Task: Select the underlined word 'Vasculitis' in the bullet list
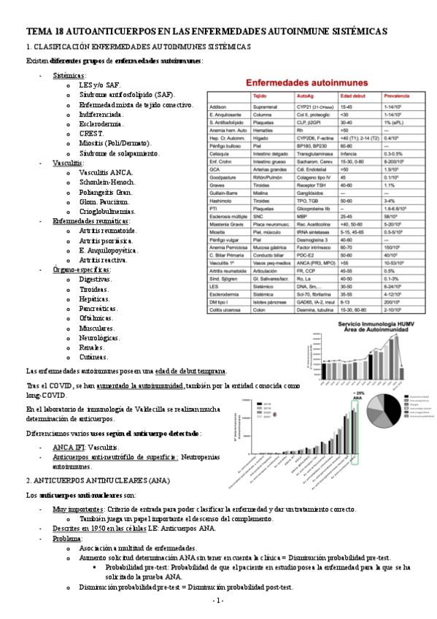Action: pyautogui.click(x=67, y=163)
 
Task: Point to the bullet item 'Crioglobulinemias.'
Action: pyautogui.click(x=110, y=211)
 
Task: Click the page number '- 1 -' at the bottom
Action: pyautogui.click(x=218, y=600)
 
